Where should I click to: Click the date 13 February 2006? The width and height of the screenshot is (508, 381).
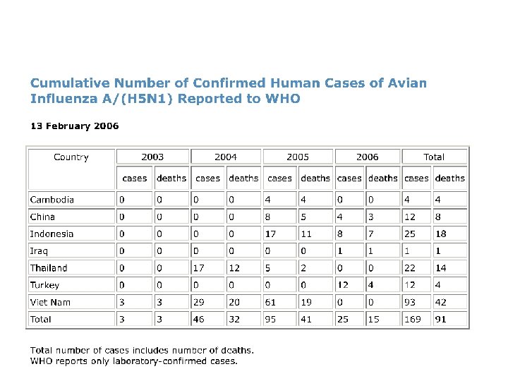74,126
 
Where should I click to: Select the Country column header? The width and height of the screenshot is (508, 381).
71,157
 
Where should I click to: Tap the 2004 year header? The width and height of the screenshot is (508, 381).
225,157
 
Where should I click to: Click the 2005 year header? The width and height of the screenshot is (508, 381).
298,157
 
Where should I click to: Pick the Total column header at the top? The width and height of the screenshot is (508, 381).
434,157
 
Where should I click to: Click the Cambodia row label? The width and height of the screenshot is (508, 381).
52,200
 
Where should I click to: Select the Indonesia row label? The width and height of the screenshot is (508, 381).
52,234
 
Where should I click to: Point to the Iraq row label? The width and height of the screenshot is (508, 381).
39,250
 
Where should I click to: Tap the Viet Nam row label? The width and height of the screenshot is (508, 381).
49,302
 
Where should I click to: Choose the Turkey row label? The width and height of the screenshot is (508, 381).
44,285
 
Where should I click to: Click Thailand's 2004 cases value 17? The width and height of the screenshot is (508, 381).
199,268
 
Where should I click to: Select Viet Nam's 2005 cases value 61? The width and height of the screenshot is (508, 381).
270,302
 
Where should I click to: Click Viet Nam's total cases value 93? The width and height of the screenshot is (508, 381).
410,302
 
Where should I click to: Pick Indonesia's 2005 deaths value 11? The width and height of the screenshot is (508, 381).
306,234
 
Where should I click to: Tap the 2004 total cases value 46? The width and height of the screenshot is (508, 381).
200,319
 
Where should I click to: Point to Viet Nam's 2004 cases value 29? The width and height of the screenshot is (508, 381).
200,302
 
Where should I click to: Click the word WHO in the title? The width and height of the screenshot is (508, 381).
283,99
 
